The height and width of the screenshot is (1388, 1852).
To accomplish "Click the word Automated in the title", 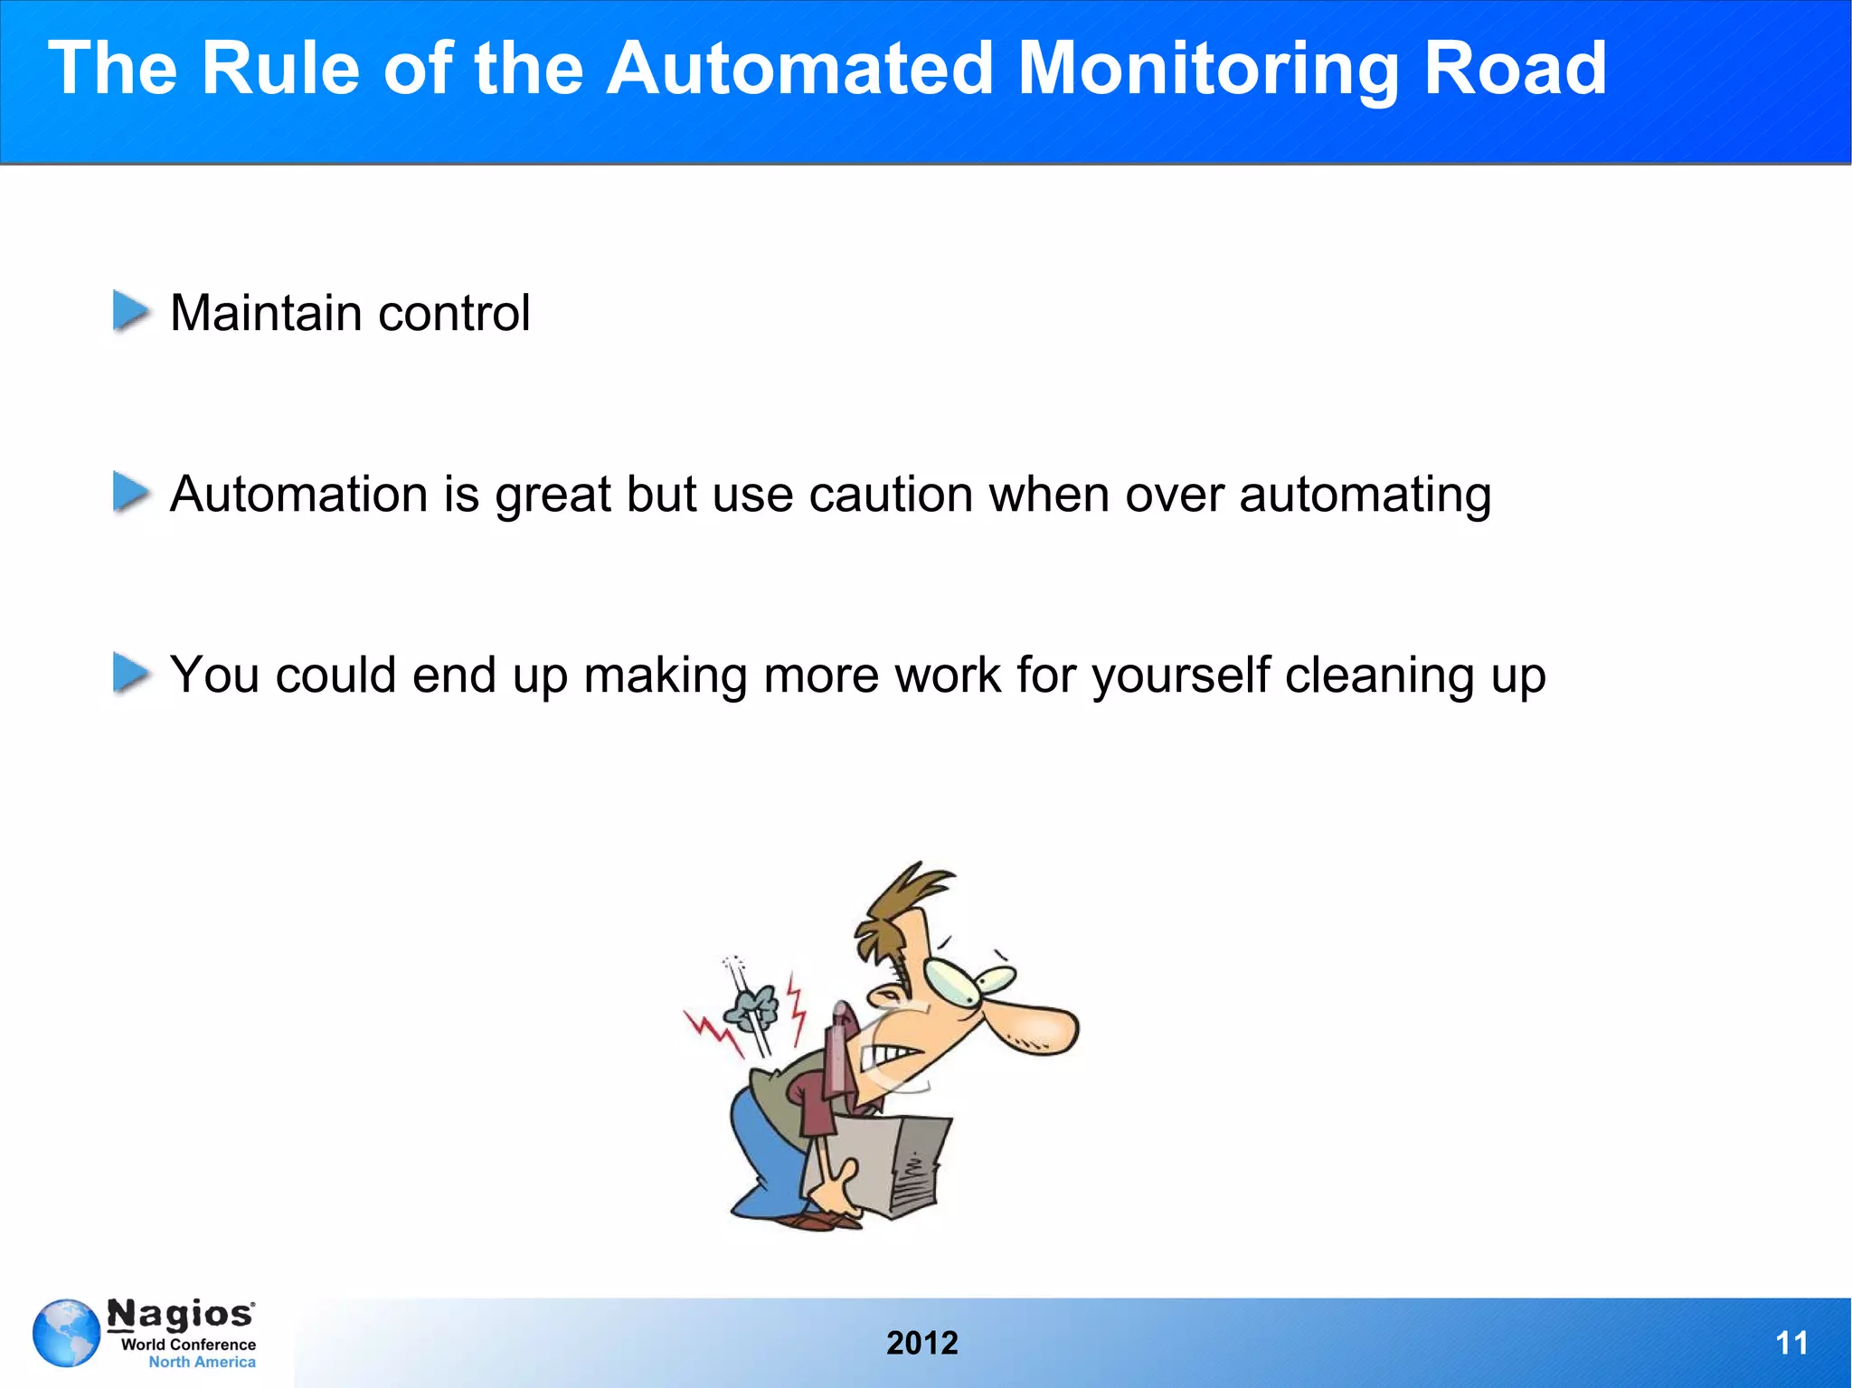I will point(799,69).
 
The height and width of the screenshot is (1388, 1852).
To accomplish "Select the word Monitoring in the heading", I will point(1207,69).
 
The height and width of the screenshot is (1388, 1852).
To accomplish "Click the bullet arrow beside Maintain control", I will point(131,311).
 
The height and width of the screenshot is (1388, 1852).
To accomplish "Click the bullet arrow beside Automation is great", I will point(131,493).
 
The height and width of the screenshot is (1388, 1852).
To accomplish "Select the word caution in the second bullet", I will point(890,495).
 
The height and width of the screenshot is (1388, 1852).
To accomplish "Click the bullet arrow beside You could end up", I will point(131,674).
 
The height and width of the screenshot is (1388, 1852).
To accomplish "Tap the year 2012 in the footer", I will point(921,1343).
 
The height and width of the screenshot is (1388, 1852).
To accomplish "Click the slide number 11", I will point(1791,1343).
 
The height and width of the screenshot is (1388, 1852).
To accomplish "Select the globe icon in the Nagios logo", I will point(66,1333).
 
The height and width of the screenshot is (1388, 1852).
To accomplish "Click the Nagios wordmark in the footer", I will point(181,1315).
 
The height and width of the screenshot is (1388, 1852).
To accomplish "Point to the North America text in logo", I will point(202,1362).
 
